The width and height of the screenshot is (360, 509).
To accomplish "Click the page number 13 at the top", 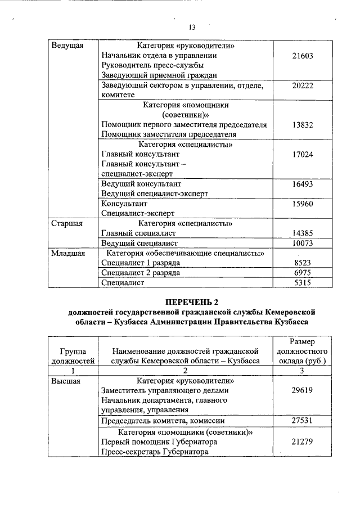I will click(x=191, y=27).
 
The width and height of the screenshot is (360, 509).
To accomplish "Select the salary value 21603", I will click(x=303, y=56).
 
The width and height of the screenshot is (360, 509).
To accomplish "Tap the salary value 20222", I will click(x=303, y=85).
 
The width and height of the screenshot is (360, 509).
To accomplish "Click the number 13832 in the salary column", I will click(x=303, y=125).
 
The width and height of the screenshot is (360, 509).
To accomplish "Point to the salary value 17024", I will click(x=303, y=154).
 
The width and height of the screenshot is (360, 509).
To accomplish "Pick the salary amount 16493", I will click(x=303, y=184).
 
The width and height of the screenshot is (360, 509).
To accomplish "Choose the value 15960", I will click(x=303, y=204).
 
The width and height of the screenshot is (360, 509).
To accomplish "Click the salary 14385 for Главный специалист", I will click(x=303, y=233).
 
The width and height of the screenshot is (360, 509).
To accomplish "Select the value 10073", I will click(x=303, y=243).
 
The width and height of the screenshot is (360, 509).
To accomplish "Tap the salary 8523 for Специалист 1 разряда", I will click(x=303, y=263).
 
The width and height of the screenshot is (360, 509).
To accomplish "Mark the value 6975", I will click(x=303, y=273).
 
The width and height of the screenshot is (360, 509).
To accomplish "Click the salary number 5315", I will click(x=303, y=283).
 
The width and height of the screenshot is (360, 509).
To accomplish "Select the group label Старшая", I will click(x=67, y=223).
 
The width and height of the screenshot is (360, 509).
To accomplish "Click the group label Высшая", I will click(x=66, y=381).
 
